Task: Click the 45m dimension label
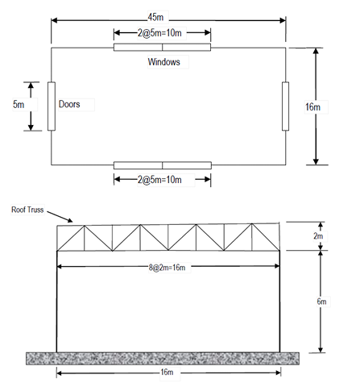[x=155, y=17]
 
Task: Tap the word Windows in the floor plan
[x=163, y=62]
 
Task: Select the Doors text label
[x=69, y=104]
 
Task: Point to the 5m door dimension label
[x=19, y=104]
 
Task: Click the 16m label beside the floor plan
[x=312, y=107]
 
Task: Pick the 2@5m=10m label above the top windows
[x=159, y=33]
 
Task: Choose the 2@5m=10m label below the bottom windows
[x=159, y=180]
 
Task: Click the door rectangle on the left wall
[x=52, y=106]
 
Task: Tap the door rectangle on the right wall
[x=285, y=106]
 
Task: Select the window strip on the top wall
[x=162, y=48]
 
